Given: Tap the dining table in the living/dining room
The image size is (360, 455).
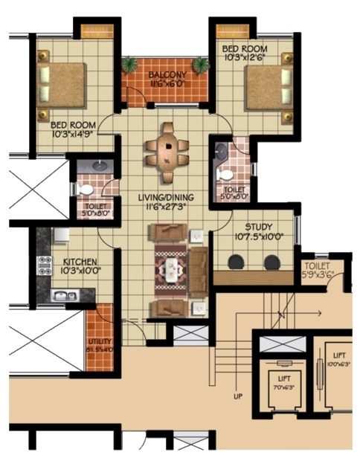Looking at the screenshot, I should click(x=169, y=149).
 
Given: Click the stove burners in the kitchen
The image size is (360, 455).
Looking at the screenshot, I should click(x=45, y=266).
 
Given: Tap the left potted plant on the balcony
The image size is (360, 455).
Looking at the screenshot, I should click(x=130, y=65).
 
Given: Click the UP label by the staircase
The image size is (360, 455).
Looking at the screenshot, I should click(x=238, y=396).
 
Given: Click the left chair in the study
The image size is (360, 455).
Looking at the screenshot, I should click(x=237, y=262).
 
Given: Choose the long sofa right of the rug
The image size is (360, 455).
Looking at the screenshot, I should click(x=199, y=271).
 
